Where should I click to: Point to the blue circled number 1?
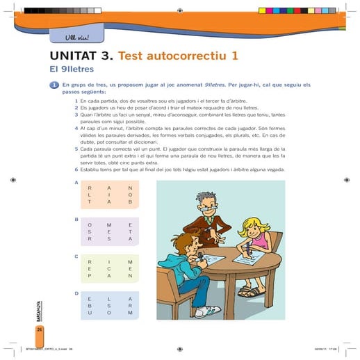click(x=53, y=85)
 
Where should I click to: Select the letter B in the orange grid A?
click(x=129, y=202)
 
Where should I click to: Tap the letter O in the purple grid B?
click(x=89, y=224)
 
